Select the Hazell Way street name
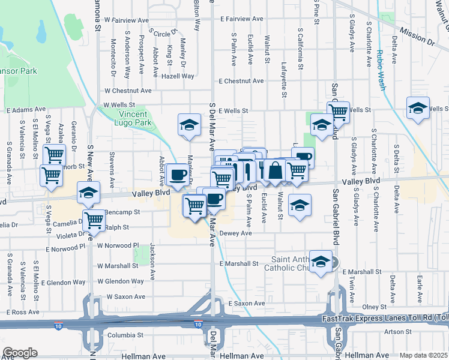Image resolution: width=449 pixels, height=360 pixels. pyautogui.click(x=178, y=76)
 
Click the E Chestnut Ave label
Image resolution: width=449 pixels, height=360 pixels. pyautogui.click(x=241, y=81)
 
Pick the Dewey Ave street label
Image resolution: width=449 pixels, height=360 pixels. pyautogui.click(x=236, y=234)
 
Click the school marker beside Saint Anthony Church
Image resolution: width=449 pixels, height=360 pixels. pyautogui.click(x=321, y=261)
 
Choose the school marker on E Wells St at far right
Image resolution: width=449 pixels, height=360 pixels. pyautogui.click(x=418, y=108)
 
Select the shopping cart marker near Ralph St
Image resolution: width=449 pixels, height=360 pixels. pyautogui.click(x=94, y=220)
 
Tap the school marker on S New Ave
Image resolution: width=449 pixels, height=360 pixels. pyautogui.click(x=88, y=193)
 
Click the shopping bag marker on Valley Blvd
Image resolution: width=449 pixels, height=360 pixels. pyautogui.click(x=276, y=170)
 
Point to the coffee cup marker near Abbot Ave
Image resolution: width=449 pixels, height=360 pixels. pyautogui.click(x=177, y=175)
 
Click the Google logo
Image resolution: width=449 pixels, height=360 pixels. pyautogui.click(x=20, y=353)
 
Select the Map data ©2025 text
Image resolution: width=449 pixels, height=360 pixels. pyautogui.click(x=423, y=355)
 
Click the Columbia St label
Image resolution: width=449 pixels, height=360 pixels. pyautogui.click(x=124, y=335)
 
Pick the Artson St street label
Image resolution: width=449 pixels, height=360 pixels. pyautogui.click(x=394, y=331)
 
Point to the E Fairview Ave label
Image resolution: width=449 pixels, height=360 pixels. pyautogui.click(x=241, y=19)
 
